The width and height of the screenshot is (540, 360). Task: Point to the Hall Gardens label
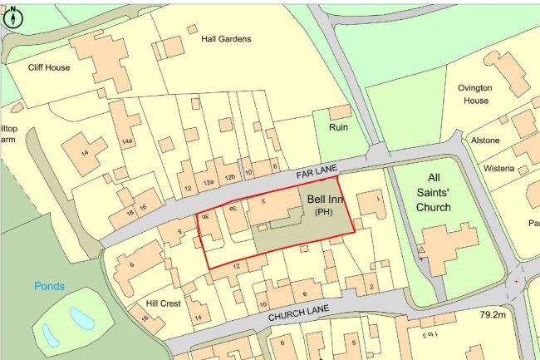click(x=226, y=38)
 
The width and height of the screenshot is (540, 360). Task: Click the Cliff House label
click(x=49, y=67)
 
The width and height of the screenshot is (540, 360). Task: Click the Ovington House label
click(x=476, y=94)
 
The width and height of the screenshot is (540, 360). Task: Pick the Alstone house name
click(x=485, y=141)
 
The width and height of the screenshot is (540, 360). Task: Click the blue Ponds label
click(x=50, y=286)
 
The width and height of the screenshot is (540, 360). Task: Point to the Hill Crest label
click(x=163, y=303)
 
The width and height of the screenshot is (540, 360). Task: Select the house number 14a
click(x=127, y=142)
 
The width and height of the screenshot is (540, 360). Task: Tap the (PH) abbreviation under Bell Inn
click(x=324, y=212)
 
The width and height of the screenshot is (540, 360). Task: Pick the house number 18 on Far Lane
click(x=131, y=213)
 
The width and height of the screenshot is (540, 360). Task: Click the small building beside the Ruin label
click(x=340, y=111)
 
